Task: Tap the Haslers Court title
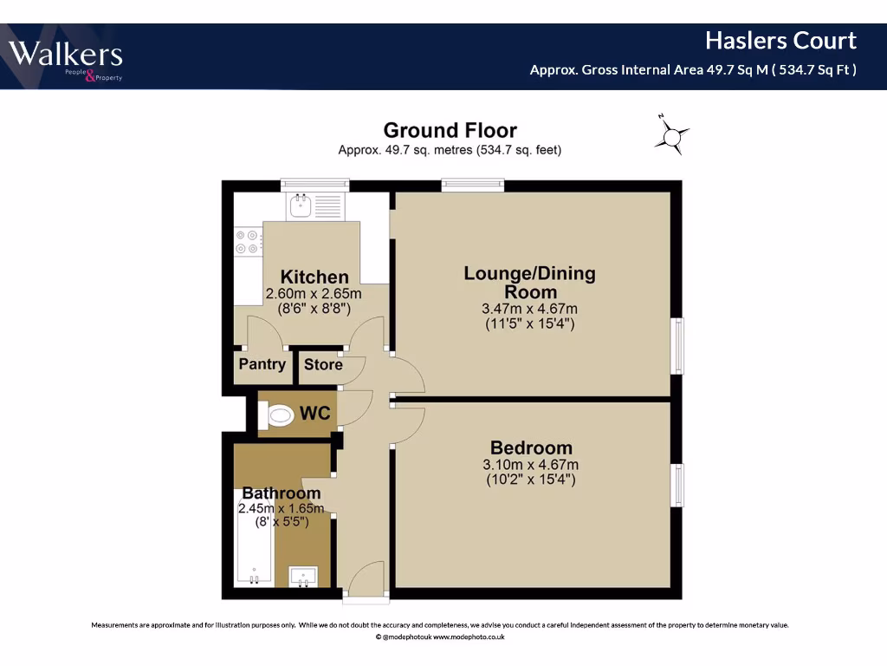click(x=780, y=41)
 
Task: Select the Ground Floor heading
click(x=450, y=131)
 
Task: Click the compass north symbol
click(x=671, y=135)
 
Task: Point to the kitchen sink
click(x=302, y=206)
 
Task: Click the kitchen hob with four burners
click(x=247, y=241)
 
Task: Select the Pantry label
click(x=262, y=364)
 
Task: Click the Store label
click(x=323, y=365)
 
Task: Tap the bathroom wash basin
click(x=303, y=576)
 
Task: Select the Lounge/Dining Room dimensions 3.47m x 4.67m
click(x=529, y=309)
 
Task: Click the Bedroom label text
click(x=531, y=448)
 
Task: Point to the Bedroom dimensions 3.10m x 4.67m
click(x=529, y=465)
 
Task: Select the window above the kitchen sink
click(x=314, y=184)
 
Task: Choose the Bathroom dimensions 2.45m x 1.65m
click(x=281, y=508)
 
